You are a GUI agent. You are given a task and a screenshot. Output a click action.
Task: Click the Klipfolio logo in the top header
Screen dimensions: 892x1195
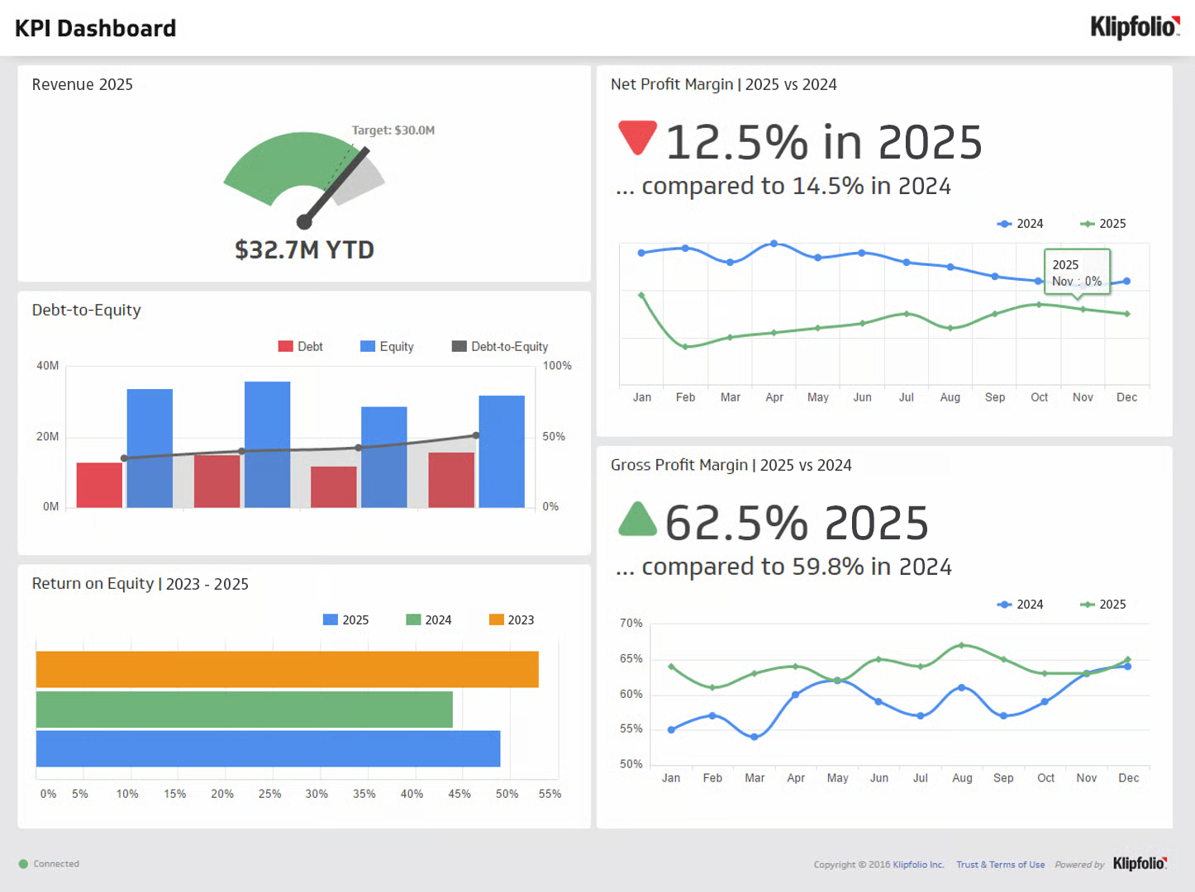pos(1134,27)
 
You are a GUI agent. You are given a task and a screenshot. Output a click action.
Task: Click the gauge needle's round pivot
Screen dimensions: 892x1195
pos(304,221)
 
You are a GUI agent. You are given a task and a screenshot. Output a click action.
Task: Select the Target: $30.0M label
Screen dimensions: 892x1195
pos(393,130)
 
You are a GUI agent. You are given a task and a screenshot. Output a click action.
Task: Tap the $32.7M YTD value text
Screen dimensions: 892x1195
pos(304,249)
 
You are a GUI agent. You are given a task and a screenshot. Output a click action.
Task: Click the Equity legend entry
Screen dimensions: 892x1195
pos(387,347)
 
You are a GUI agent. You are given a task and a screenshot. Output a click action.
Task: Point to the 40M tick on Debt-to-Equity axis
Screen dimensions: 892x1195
pos(47,366)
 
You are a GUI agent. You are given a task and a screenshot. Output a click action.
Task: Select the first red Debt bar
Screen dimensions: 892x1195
pos(99,485)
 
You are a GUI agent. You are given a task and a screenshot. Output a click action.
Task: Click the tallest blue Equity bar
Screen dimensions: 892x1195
pos(267,444)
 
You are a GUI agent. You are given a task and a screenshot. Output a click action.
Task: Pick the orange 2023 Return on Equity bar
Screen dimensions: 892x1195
pos(287,669)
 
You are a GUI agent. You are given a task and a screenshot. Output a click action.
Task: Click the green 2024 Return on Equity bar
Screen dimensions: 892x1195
pos(244,709)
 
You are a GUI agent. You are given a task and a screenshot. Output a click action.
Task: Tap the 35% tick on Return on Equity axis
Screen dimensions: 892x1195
pos(364,794)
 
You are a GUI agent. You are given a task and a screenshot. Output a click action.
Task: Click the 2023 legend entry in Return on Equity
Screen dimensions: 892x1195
pos(512,620)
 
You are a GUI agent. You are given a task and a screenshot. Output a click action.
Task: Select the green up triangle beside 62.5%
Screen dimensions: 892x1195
pos(637,520)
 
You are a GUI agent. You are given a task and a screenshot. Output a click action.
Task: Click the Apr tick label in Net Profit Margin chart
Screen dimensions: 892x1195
pos(774,397)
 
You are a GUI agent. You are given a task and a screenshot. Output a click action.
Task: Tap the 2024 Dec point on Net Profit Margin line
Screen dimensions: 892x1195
pos(1126,282)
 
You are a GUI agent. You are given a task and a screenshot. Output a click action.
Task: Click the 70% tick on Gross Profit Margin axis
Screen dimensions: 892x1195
pos(631,624)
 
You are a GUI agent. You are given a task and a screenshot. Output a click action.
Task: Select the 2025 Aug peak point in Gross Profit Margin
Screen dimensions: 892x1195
pos(961,645)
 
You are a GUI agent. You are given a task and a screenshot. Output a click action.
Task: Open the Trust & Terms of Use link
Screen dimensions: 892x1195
pos(1000,865)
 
